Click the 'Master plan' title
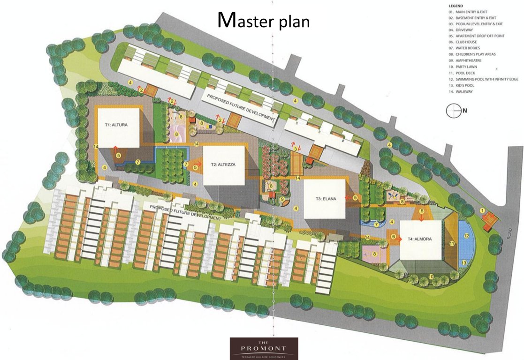[x=264, y=20]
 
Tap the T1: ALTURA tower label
[x=116, y=125]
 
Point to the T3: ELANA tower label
[x=326, y=199]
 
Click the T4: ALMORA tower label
[x=423, y=239]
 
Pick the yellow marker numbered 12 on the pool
[x=466, y=236]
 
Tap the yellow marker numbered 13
[x=464, y=263]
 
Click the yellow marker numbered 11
[x=452, y=243]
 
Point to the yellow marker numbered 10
[x=431, y=277]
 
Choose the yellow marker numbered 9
[x=282, y=200]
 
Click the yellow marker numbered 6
[x=394, y=237]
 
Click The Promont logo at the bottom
[x=264, y=348]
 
